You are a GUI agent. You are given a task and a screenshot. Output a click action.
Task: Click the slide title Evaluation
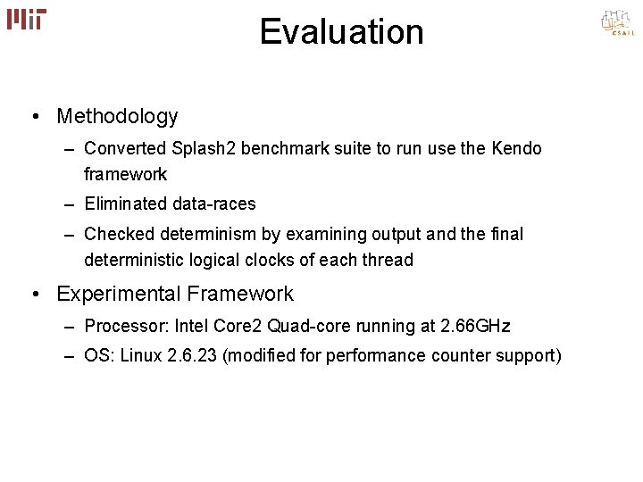click(x=341, y=32)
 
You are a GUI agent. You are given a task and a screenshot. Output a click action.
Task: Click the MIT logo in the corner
click(x=27, y=19)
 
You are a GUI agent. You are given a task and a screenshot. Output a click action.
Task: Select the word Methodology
click(x=117, y=116)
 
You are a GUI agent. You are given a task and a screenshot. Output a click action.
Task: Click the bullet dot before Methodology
click(x=33, y=117)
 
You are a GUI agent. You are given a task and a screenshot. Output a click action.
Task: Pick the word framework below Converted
click(x=126, y=174)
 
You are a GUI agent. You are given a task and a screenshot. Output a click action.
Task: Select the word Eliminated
click(x=125, y=204)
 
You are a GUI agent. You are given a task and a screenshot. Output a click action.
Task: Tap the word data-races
click(x=214, y=204)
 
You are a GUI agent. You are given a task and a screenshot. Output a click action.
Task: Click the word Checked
click(x=120, y=234)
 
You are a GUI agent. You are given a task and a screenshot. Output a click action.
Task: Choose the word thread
click(x=389, y=260)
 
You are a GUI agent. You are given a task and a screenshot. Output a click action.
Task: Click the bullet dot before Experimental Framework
click(x=33, y=294)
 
